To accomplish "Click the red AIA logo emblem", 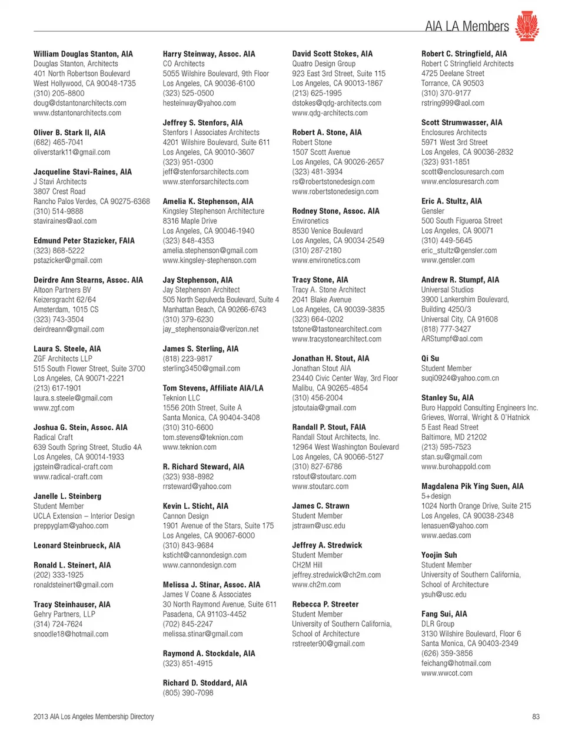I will click(x=527, y=26).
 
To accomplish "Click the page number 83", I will click(x=535, y=717).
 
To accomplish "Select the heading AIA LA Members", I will click(x=466, y=26).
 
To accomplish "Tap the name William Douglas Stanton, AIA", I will click(x=83, y=54).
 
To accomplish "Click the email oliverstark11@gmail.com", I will click(x=72, y=152).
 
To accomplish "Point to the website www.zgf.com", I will click(x=54, y=408).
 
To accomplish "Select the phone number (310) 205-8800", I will click(x=59, y=93).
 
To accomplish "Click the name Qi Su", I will click(x=430, y=358).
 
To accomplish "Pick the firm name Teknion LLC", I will click(x=181, y=398).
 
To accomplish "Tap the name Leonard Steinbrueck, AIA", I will click(x=77, y=545).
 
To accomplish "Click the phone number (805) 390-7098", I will click(x=188, y=693).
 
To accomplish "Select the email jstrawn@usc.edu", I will click(x=318, y=526).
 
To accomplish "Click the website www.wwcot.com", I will click(x=447, y=673).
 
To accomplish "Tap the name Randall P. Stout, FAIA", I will click(x=328, y=427).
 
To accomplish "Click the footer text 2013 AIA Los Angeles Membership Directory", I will click(x=94, y=717).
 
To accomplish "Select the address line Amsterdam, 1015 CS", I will click(x=66, y=309).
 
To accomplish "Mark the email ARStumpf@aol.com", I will click(x=451, y=339).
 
